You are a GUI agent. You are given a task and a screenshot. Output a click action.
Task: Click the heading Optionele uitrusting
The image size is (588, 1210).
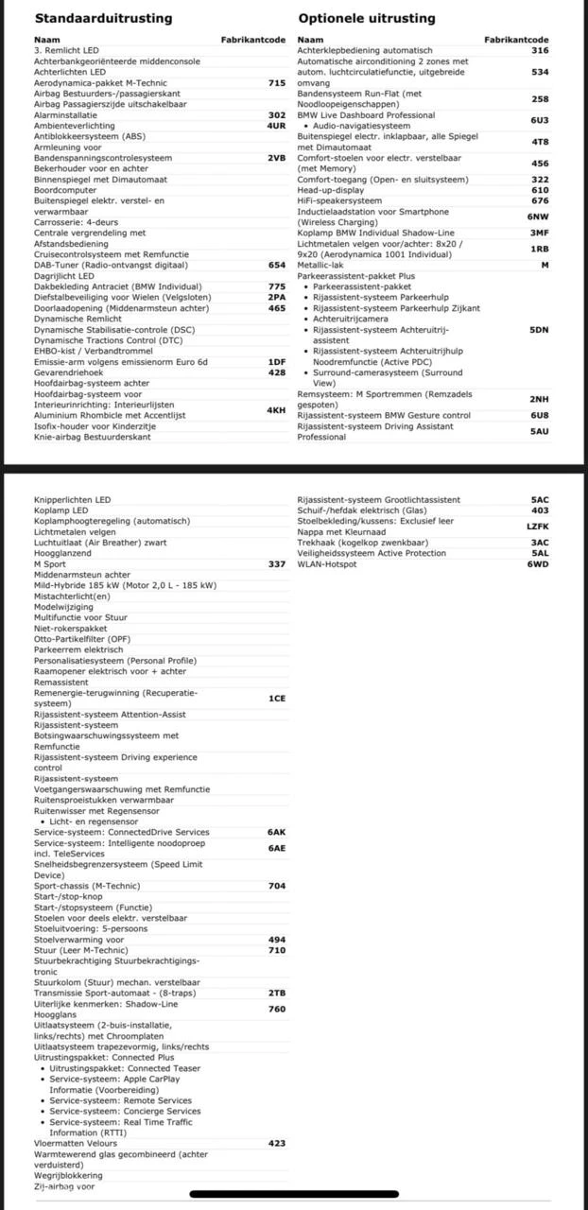(x=367, y=18)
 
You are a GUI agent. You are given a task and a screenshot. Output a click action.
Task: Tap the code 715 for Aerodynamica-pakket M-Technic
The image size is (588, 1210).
(x=276, y=83)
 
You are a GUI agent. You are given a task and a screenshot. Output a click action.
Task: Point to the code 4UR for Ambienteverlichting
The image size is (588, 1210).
(x=276, y=125)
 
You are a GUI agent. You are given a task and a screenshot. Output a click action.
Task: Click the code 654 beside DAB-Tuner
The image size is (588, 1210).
(x=276, y=266)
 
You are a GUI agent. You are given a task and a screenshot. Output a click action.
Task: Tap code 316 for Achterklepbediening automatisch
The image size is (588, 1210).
(x=540, y=51)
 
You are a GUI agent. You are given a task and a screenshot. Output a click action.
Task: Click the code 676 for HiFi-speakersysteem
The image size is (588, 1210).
(x=540, y=200)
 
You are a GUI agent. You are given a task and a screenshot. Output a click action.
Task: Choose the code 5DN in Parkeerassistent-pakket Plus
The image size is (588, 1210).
(x=539, y=330)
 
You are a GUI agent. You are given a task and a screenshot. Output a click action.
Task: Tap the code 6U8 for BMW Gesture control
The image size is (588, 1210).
(x=539, y=415)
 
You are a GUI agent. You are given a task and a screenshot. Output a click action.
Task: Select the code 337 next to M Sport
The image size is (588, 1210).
(x=276, y=564)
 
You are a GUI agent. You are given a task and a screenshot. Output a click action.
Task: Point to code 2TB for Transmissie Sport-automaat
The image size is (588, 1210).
(x=276, y=993)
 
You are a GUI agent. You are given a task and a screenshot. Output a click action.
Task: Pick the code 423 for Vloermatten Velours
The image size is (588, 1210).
(x=276, y=1143)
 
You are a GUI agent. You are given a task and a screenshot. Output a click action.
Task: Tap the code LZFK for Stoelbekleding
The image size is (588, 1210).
(x=538, y=527)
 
